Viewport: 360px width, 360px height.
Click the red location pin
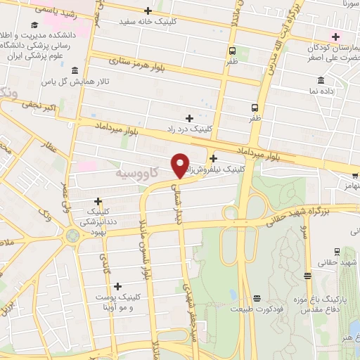(x=180, y=165)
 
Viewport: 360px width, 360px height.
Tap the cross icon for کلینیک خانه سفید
(x=148, y=11)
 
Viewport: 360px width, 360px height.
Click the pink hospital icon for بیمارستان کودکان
(x=336, y=37)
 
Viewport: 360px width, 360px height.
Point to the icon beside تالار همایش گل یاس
(x=75, y=70)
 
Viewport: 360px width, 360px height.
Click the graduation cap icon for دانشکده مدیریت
(x=34, y=25)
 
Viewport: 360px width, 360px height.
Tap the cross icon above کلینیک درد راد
(x=189, y=117)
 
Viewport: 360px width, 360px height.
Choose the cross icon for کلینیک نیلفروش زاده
(x=213, y=158)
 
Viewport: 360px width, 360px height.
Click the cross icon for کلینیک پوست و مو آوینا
(x=117, y=285)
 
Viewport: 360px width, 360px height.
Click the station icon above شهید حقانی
(x=337, y=251)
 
